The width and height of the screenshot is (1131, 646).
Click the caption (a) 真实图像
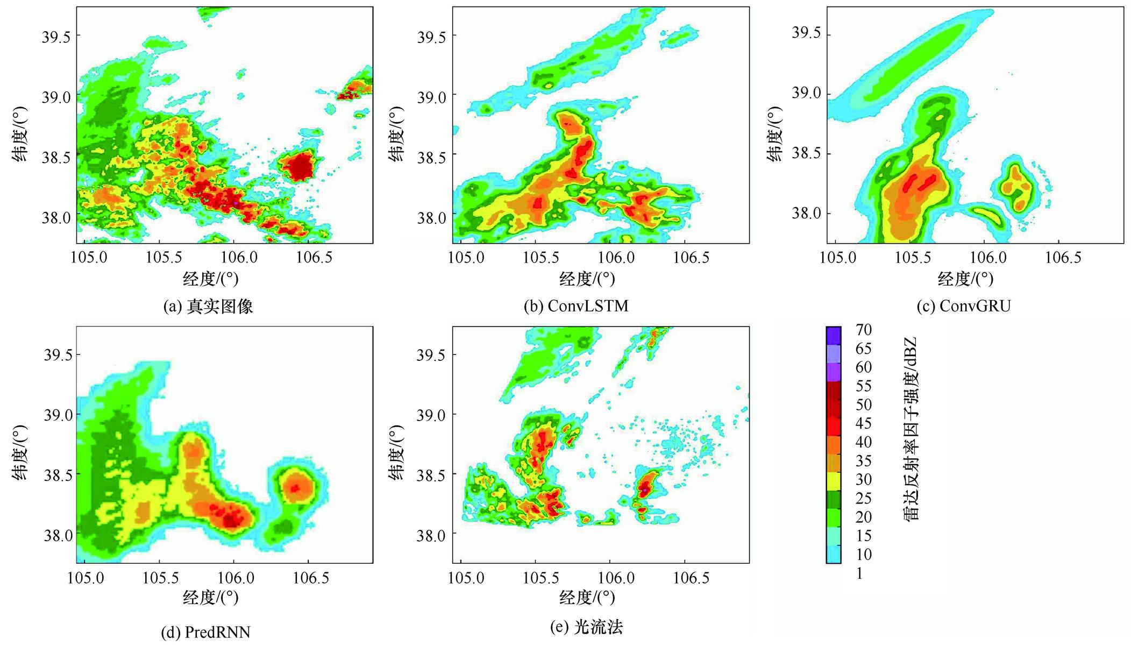click(208, 307)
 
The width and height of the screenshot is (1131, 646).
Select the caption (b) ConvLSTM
click(576, 306)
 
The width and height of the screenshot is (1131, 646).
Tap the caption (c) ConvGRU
click(964, 306)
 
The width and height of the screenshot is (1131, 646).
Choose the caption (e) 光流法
click(584, 627)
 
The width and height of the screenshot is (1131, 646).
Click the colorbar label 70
click(863, 330)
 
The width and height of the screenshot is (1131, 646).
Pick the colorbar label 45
click(863, 423)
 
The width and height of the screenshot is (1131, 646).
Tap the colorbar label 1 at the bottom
click(859, 573)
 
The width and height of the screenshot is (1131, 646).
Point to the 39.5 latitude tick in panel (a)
click(56, 36)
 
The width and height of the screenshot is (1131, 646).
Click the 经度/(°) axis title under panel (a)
click(210, 279)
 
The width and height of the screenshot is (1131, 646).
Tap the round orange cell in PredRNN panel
click(297, 487)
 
